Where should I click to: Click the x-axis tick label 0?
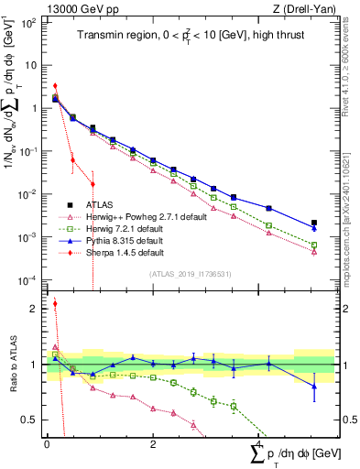coord(47,445)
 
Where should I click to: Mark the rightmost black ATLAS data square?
coord(314,223)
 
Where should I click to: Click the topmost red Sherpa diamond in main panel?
coord(55,86)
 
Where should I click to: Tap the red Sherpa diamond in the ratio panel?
coord(55,304)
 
